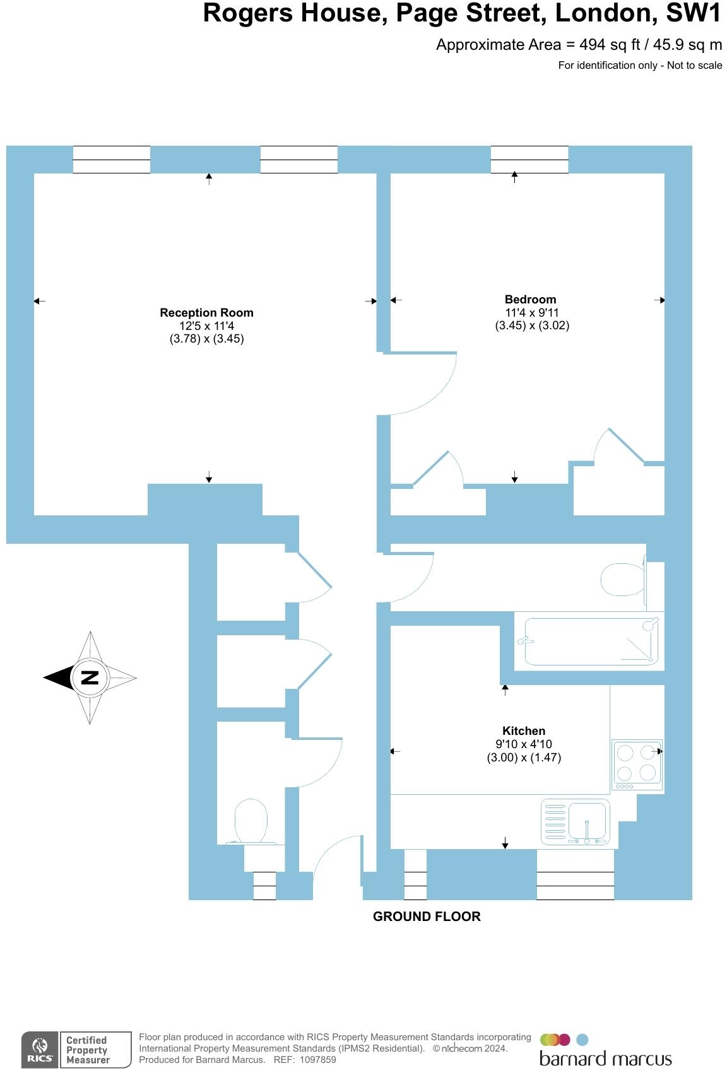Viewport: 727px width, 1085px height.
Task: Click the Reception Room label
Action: coord(206,313)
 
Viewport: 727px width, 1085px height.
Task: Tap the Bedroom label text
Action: coord(530,300)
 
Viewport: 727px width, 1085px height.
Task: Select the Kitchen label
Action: coord(523,731)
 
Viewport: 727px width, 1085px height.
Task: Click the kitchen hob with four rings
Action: coord(637,763)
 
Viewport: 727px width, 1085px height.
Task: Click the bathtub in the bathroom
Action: coord(588,642)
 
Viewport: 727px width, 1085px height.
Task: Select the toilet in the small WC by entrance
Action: coord(251,821)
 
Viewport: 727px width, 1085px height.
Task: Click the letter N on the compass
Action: coord(90,678)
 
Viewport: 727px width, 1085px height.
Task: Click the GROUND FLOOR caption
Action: coord(427,917)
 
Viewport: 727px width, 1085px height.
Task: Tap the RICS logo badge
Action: coord(40,1050)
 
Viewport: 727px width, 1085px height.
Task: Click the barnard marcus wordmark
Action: coord(605,1059)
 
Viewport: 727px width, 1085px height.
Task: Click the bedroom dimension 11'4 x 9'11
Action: coord(531,313)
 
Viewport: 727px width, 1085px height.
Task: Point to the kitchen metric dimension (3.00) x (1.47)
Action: coord(523,758)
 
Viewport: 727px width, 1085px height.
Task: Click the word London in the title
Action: coord(602,14)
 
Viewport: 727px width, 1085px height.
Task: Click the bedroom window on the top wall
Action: coord(529,159)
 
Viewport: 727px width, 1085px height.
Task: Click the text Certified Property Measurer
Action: coord(88,1050)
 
